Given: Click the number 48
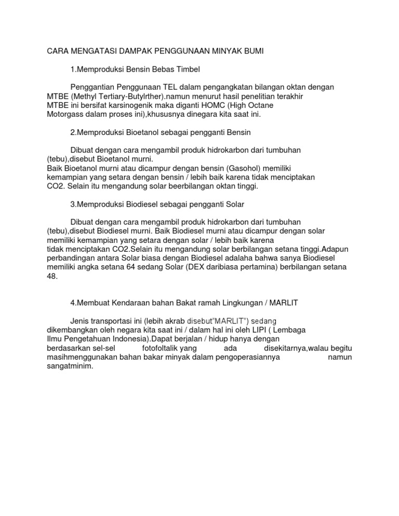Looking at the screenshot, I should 52,276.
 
